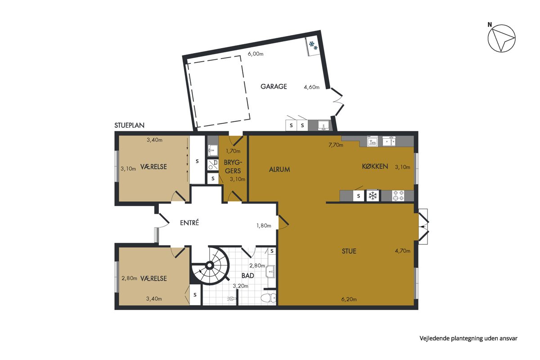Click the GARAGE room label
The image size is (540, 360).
tap(274, 86)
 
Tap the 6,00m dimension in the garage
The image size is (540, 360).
tap(256, 54)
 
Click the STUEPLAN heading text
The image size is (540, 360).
tap(130, 125)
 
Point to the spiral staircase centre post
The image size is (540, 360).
tap(209, 265)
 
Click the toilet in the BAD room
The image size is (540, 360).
tap(269, 298)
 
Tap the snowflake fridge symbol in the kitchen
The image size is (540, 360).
tap(373, 195)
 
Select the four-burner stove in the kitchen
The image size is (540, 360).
tap(398, 195)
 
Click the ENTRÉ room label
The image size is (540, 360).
tap(189, 223)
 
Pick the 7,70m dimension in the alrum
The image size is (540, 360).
tap(336, 145)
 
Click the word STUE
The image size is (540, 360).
tap(349, 251)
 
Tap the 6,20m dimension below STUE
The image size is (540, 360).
tap(349, 299)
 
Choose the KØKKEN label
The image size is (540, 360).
tap(375, 166)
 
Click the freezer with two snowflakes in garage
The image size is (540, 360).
tap(313, 46)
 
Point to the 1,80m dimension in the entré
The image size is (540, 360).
tap(264, 225)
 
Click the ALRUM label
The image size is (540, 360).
tap(279, 170)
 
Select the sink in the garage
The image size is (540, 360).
tap(323, 126)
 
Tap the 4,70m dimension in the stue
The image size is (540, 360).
tap(403, 251)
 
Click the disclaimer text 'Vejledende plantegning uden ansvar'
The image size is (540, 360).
tap(468, 338)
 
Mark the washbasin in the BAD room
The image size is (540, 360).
tap(271, 271)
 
